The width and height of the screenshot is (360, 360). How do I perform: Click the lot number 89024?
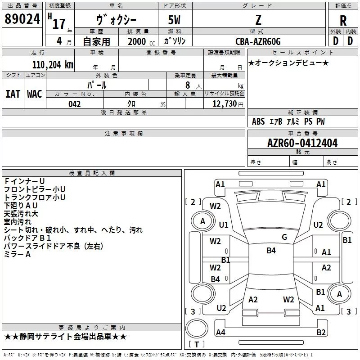tap(22, 19)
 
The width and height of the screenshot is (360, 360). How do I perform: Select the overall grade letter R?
tap(343, 21)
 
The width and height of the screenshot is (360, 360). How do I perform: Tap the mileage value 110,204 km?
tap(53, 65)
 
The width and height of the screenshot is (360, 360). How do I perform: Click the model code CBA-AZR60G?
tap(258, 41)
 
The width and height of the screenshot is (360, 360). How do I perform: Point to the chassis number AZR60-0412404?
tap(302, 143)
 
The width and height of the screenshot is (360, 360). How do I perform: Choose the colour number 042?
tap(74, 104)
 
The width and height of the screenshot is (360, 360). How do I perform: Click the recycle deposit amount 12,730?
tap(224, 104)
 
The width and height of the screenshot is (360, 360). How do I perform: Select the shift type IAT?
tap(13, 94)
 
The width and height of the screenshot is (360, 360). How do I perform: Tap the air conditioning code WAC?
tap(35, 94)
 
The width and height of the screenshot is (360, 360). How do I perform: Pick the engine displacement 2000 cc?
tap(141, 41)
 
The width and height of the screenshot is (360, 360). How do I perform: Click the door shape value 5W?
tap(174, 20)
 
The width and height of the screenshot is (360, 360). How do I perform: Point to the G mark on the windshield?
tap(284, 237)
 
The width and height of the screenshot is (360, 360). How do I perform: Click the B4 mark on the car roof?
tap(271, 251)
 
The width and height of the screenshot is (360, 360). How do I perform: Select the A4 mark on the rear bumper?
tap(220, 332)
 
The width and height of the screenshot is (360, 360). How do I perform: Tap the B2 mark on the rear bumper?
tap(321, 332)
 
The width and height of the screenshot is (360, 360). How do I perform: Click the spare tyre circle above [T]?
tap(197, 328)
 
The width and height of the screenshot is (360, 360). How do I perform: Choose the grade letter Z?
tap(258, 20)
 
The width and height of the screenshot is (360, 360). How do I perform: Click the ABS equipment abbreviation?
tap(258, 121)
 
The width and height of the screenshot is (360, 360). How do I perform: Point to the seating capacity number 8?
tap(188, 85)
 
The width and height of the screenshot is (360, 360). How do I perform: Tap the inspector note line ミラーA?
tap(17, 254)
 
